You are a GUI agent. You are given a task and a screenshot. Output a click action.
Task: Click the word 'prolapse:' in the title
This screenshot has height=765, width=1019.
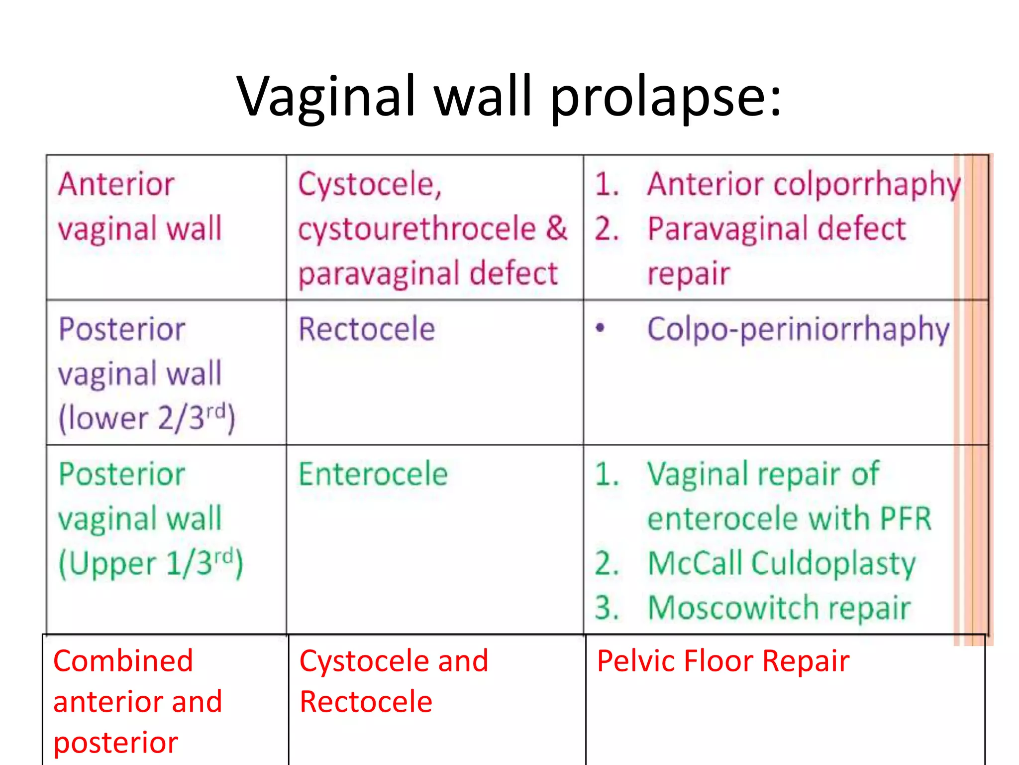tap(666, 97)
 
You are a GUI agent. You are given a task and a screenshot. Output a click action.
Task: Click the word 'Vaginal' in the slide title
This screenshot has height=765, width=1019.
tap(326, 97)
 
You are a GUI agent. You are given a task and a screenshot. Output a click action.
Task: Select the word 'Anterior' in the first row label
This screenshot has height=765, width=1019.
tap(116, 184)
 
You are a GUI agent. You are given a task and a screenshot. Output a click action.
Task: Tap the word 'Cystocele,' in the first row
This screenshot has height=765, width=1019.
tap(370, 184)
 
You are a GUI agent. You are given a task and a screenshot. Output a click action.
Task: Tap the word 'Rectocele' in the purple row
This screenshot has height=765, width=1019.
tap(367, 329)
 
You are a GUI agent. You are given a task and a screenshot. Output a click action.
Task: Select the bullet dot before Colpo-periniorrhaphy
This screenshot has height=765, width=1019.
tap(601, 328)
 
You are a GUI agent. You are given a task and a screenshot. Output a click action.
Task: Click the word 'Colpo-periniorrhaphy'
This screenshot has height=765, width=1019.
tap(799, 330)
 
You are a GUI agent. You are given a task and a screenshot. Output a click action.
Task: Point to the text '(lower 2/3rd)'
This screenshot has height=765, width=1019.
tap(147, 418)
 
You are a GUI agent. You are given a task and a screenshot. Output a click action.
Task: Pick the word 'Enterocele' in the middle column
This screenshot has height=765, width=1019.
tap(373, 474)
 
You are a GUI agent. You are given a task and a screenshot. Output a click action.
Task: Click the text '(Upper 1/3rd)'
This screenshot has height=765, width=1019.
tap(151, 563)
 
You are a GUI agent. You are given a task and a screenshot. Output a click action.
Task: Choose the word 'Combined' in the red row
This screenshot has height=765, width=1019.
tap(123, 661)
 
